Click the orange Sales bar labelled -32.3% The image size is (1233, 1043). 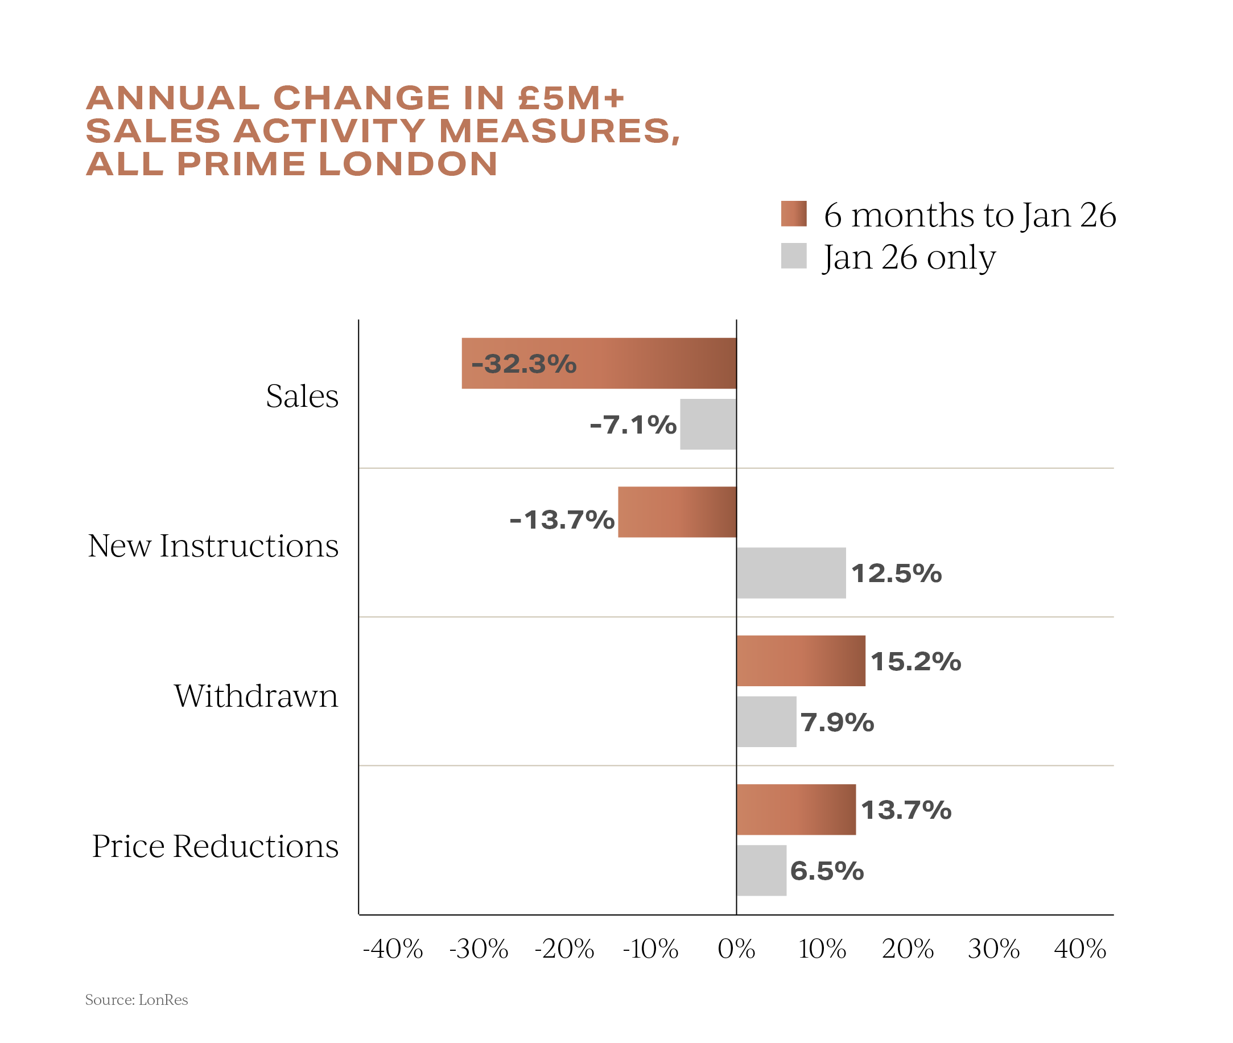598,363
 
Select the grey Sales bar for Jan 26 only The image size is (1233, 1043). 707,424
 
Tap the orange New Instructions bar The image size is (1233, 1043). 677,512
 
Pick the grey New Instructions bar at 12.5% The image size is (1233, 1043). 791,573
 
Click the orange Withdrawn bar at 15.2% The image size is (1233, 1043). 801,661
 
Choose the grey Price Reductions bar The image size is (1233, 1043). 761,871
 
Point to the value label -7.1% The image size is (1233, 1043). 633,424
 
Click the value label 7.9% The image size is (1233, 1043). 837,722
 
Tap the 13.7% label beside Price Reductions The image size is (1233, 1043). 905,810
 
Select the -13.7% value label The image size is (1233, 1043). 562,520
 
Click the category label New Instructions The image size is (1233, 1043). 213,545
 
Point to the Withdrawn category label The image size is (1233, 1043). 255,695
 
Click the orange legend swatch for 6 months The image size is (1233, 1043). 793,213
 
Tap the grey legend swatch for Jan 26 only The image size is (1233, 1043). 793,256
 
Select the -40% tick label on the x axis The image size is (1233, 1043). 393,949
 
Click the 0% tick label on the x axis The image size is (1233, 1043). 736,949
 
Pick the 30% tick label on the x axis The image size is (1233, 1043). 993,949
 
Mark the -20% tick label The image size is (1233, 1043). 564,949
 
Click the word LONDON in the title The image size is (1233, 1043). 408,164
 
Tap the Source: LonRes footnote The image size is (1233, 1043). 137,1000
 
